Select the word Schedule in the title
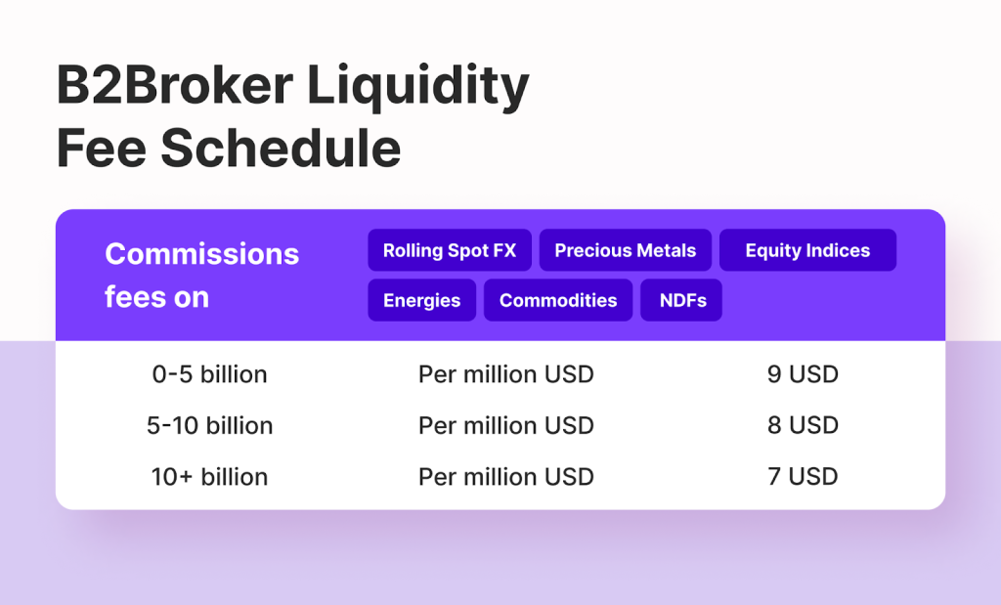281,149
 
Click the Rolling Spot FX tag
449,250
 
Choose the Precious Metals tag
625,250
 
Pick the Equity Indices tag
807,250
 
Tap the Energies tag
421,300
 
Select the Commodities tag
558,300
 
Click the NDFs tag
681,300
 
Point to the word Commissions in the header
201,254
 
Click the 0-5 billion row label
209,374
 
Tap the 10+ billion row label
209,477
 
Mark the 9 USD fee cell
803,374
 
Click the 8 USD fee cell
803,426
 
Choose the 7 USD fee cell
803,477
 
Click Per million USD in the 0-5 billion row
505,374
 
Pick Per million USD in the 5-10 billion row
505,426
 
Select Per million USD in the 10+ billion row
505,477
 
